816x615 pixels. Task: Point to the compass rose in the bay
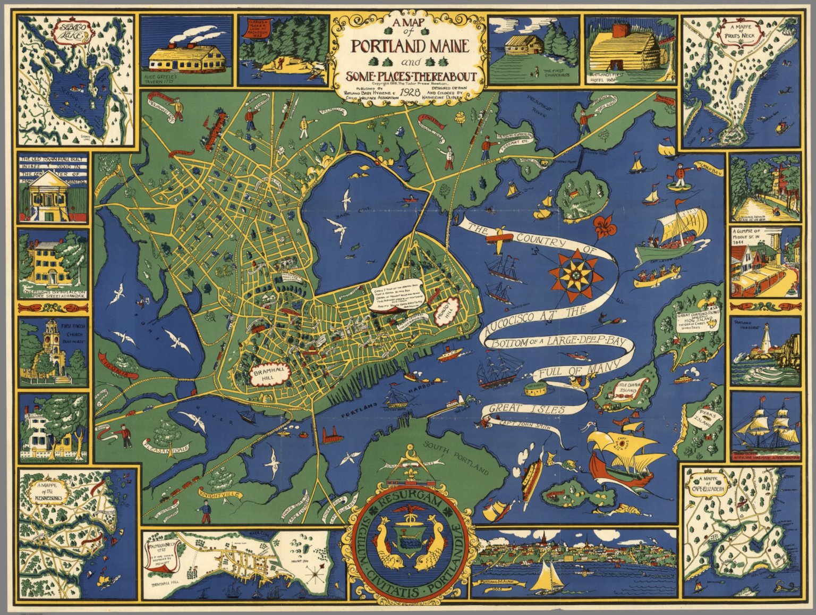(x=574, y=275)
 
